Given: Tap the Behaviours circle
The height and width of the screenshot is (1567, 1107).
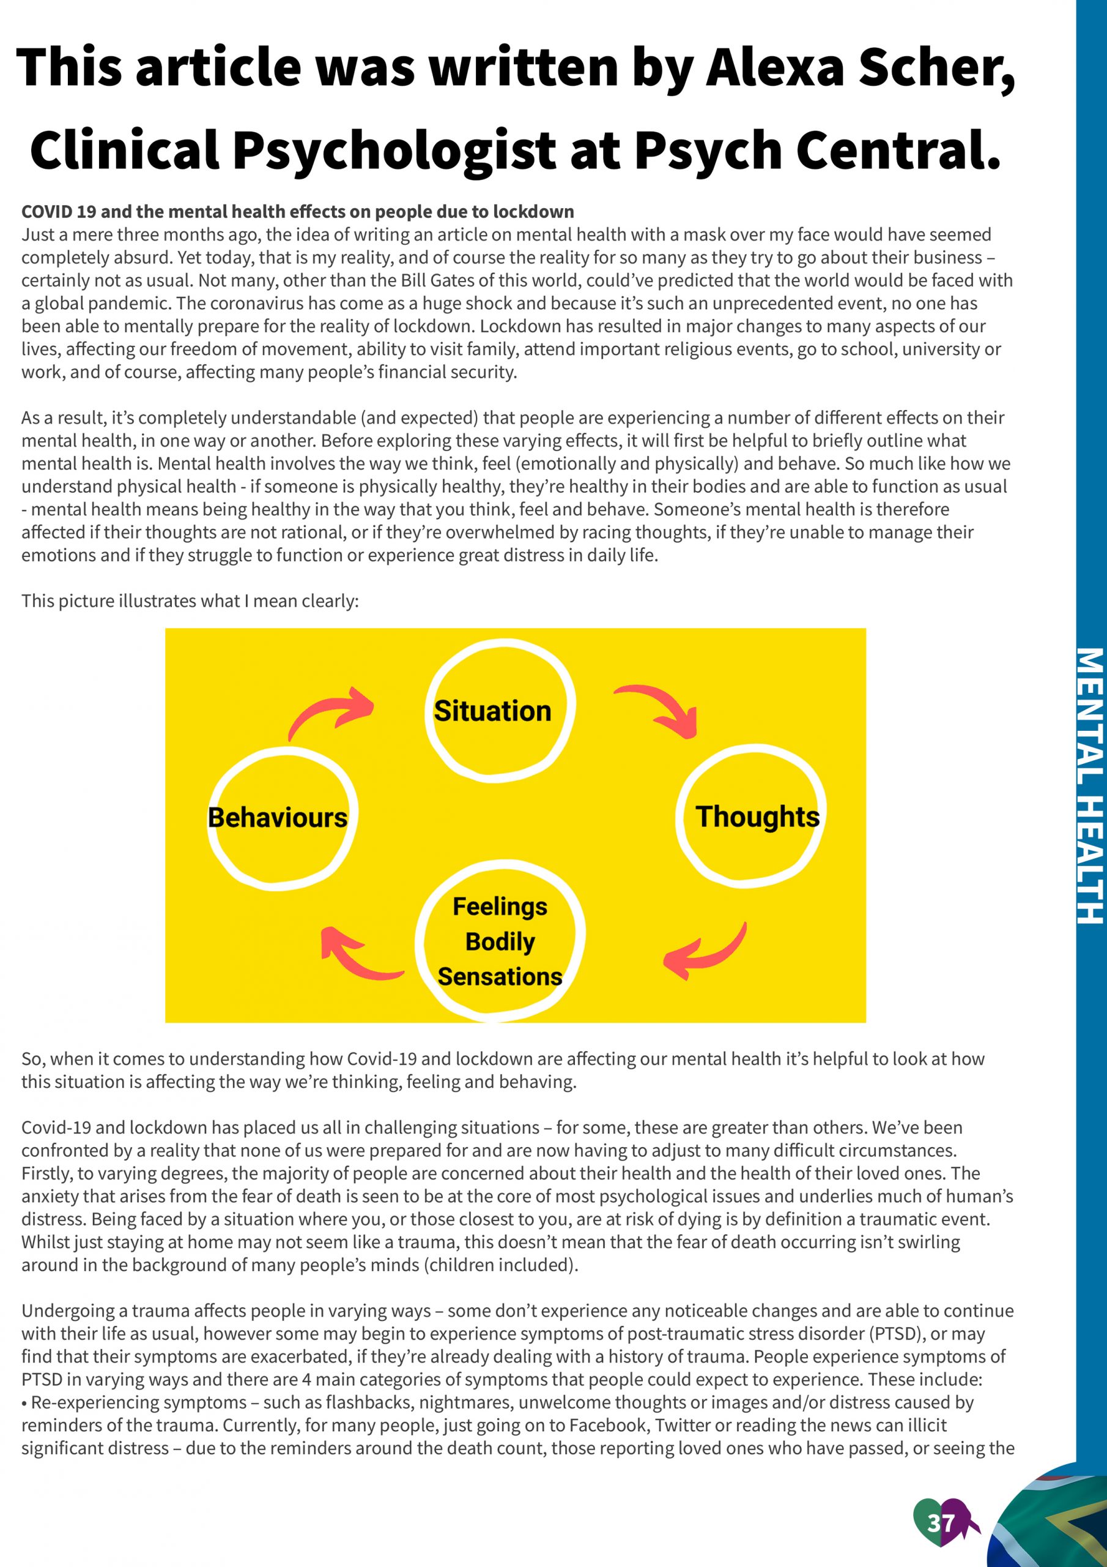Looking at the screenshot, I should tap(282, 817).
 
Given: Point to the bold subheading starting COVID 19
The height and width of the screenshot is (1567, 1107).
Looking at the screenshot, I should tap(297, 212).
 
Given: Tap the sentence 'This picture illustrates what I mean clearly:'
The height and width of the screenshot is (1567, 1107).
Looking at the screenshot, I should tap(190, 600).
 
